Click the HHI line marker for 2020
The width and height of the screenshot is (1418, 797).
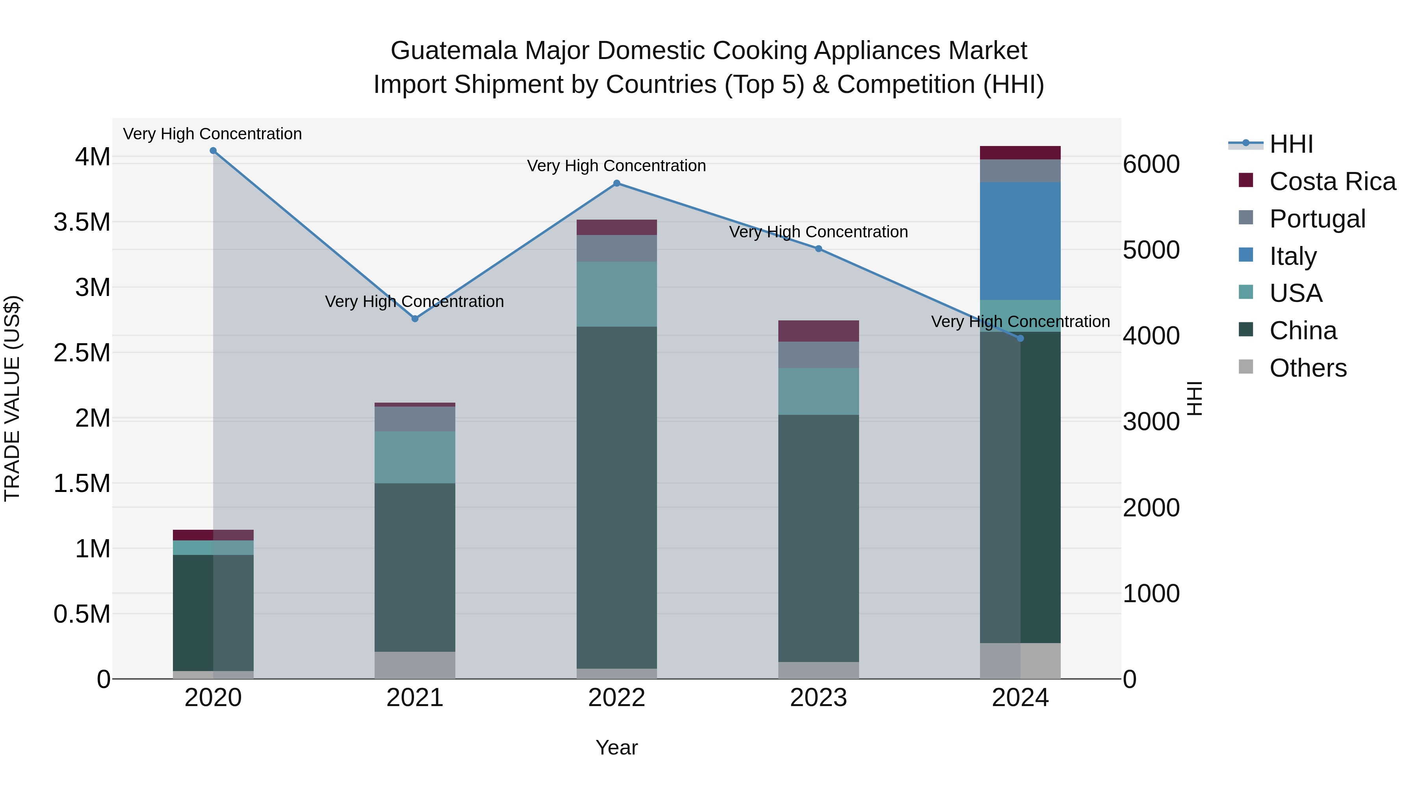coord(213,151)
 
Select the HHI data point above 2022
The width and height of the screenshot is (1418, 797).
coord(616,183)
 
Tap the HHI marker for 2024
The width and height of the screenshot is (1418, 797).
coord(1020,338)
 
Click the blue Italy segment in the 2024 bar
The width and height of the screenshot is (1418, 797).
coord(1020,241)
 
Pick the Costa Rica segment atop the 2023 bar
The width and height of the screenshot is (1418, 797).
coord(818,331)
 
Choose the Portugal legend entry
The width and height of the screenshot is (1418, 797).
coord(1317,219)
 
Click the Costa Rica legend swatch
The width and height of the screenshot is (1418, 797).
coord(1246,180)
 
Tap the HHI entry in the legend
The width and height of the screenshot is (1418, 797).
coord(1291,144)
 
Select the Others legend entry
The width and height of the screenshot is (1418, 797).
coord(1307,368)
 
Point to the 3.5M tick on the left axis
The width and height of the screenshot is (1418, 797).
coord(82,223)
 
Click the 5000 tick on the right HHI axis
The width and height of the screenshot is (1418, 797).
coord(1151,250)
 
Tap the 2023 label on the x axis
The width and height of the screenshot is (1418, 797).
coord(818,698)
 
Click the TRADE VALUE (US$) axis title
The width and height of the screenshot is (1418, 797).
coord(12,398)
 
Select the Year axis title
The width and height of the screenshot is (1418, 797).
coord(616,747)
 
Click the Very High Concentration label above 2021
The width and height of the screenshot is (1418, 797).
coord(414,301)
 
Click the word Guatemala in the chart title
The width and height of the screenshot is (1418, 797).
coord(454,51)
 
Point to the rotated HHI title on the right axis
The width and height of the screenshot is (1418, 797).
coord(1195,398)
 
